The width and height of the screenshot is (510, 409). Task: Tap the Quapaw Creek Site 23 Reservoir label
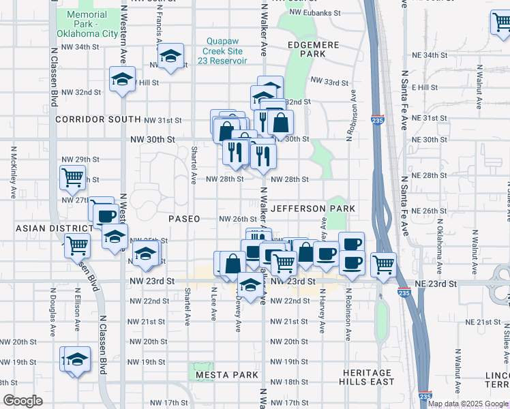(x=227, y=50)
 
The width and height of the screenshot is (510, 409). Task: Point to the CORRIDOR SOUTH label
(x=89, y=119)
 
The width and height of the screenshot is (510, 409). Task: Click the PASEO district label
(x=184, y=219)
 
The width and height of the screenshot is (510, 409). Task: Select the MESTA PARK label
(x=227, y=375)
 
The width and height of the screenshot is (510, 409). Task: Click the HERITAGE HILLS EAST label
(x=367, y=378)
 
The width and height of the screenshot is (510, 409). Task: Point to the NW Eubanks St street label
(x=314, y=12)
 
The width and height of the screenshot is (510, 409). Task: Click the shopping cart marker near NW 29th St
(x=72, y=177)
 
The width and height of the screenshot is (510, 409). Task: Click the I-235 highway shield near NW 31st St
(x=377, y=120)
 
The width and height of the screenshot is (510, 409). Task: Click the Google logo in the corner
(x=23, y=401)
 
